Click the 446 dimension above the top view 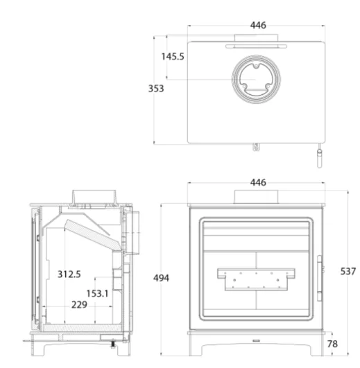pos(258,25)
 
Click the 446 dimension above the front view pos(258,182)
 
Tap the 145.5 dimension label pos(173,57)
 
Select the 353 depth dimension pos(156,89)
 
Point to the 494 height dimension pos(161,278)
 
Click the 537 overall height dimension pos(348,271)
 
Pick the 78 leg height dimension pos(332,344)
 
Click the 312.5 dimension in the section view pos(69,274)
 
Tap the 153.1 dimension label pos(97,293)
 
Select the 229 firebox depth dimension pos(79,305)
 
